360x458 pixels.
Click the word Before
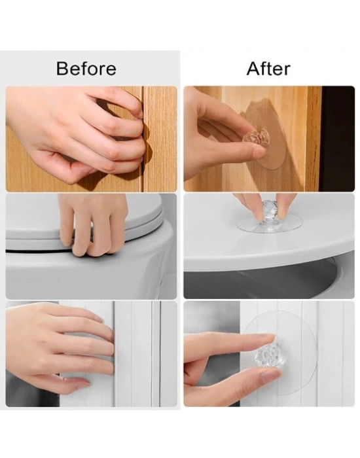click(86, 69)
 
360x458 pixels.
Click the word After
click(268, 69)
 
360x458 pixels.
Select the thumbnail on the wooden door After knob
click(259, 152)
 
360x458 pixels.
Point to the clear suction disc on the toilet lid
click(270, 225)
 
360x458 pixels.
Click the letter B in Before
click(63, 69)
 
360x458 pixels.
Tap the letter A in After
click(253, 69)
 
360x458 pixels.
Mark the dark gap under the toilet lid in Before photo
click(38, 251)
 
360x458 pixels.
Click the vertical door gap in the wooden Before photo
click(142, 139)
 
